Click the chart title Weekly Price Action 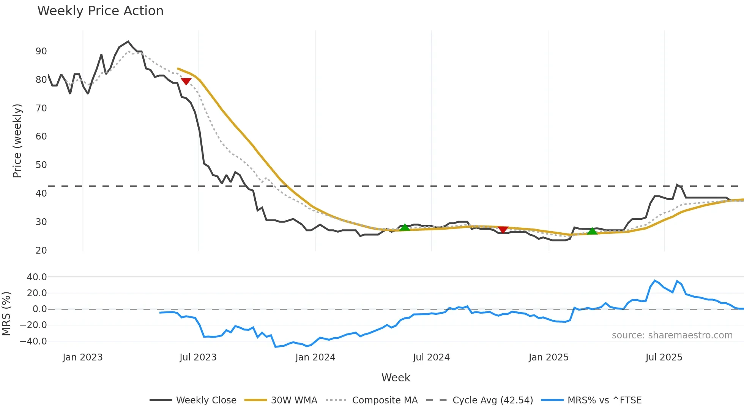tap(100, 11)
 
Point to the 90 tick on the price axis tap(41, 51)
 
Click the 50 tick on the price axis tap(41, 165)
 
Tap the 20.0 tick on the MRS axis tap(37, 293)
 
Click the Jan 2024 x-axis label tap(315, 357)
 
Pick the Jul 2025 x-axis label tap(664, 357)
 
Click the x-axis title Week tap(396, 378)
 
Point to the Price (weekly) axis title tap(17, 141)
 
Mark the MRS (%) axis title tap(6, 314)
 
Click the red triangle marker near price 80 tap(186, 81)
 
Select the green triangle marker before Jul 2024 tap(405, 227)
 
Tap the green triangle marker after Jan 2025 tap(592, 231)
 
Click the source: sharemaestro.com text tap(672, 335)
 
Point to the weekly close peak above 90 tap(128, 41)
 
